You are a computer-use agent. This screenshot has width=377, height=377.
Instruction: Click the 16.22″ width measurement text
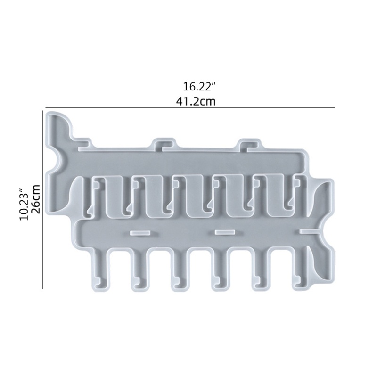(x=199, y=87)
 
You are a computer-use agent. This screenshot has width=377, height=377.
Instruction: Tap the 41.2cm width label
(x=199, y=100)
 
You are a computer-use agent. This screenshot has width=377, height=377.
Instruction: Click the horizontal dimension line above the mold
(x=188, y=108)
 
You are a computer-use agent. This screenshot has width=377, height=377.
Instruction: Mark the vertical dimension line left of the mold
(x=43, y=200)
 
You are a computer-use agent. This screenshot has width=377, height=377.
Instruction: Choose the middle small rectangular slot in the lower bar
(x=225, y=232)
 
